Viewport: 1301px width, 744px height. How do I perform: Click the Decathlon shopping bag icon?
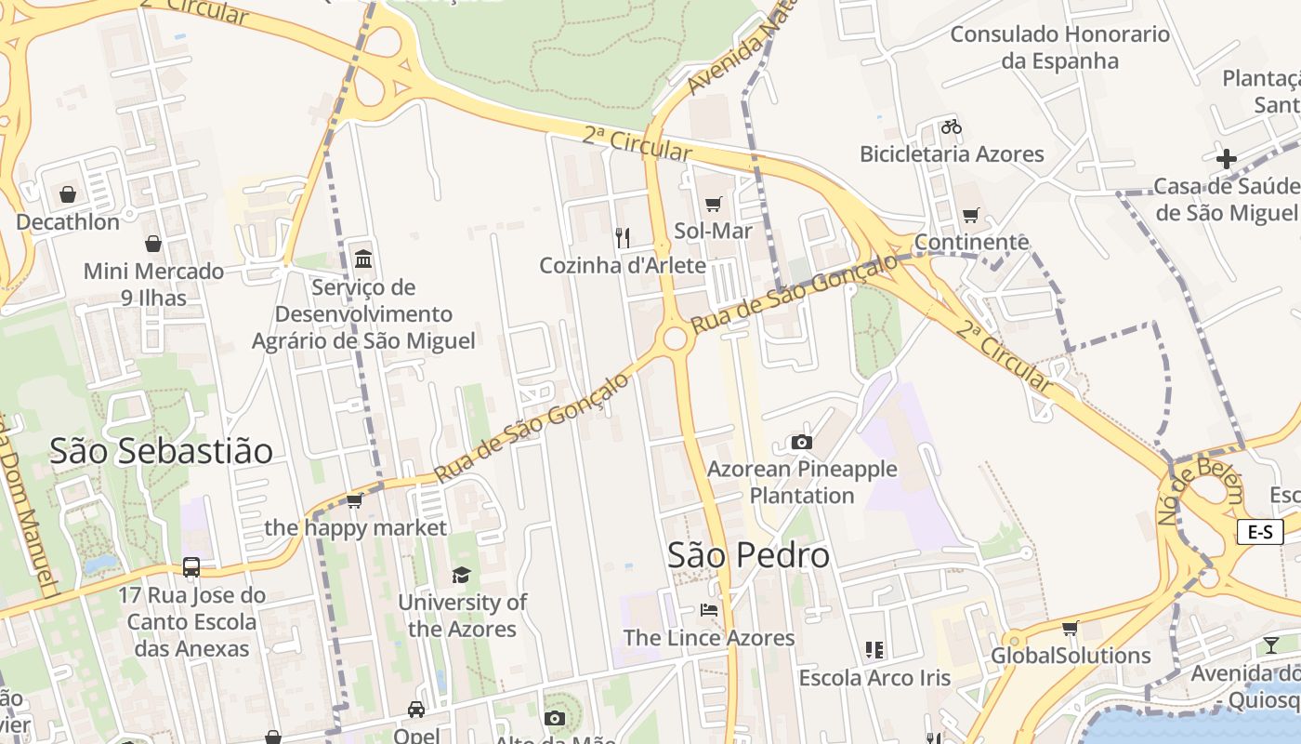[67, 194]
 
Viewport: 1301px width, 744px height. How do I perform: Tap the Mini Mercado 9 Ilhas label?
[153, 285]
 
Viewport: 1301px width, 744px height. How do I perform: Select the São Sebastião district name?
[161, 451]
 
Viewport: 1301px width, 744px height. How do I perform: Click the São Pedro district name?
[748, 555]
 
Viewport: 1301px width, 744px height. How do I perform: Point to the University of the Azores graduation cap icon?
[461, 575]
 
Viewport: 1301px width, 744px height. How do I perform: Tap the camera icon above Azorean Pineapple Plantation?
[802, 442]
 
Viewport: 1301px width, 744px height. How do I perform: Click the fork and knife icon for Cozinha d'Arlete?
[623, 238]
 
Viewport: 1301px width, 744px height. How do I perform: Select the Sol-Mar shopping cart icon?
[713, 204]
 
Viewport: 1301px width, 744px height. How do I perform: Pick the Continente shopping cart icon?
[971, 216]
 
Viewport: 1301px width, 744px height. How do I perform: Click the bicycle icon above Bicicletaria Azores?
[951, 126]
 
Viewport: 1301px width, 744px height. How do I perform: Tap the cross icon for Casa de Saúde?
[1227, 159]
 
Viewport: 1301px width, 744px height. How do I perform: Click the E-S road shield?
[1260, 532]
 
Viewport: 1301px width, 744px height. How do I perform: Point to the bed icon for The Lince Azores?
[709, 611]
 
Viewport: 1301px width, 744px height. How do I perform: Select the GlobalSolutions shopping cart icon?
[1071, 629]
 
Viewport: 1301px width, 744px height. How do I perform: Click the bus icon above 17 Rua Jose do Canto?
[191, 567]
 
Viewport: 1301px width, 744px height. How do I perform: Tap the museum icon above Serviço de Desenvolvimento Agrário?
[363, 259]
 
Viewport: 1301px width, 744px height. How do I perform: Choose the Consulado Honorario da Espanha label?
[1059, 47]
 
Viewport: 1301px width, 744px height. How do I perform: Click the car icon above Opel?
[416, 710]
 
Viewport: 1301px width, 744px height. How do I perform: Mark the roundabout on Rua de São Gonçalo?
[675, 338]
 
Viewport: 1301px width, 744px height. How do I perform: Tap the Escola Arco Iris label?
[874, 677]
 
